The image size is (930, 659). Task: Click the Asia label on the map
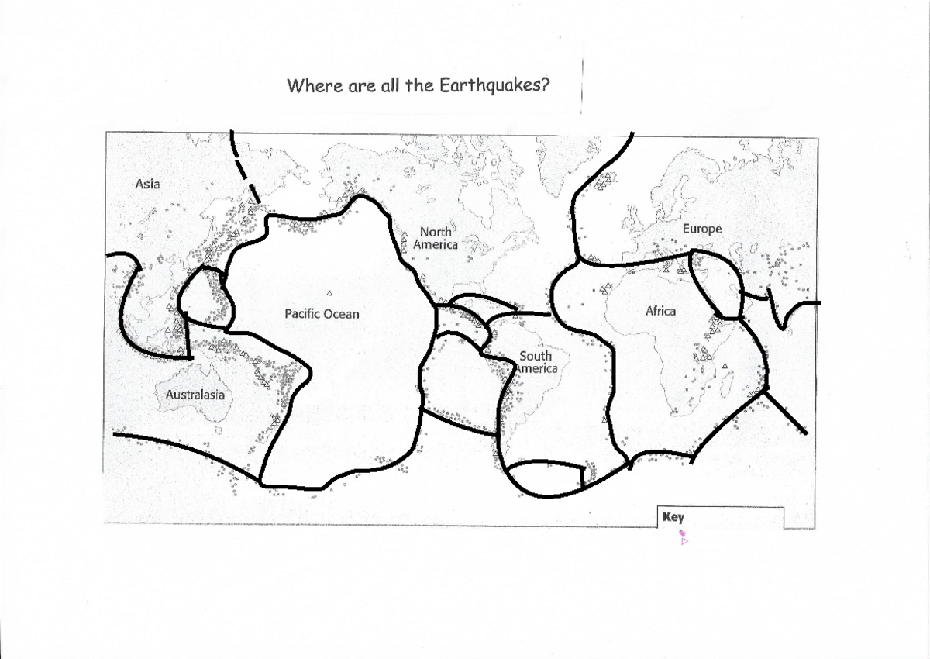point(147,185)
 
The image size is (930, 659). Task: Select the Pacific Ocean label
point(322,314)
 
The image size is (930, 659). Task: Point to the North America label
point(436,238)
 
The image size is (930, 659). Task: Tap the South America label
point(536,362)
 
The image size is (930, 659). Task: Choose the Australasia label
point(195,395)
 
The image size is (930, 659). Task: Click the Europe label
point(702,229)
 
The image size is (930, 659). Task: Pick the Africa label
point(660,311)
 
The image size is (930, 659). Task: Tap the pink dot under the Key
point(681,533)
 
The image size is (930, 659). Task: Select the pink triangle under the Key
point(684,542)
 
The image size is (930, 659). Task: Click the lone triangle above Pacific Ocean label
point(330,293)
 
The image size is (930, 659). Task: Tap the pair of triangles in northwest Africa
point(603,290)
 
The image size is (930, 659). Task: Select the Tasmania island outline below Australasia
point(219,429)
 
